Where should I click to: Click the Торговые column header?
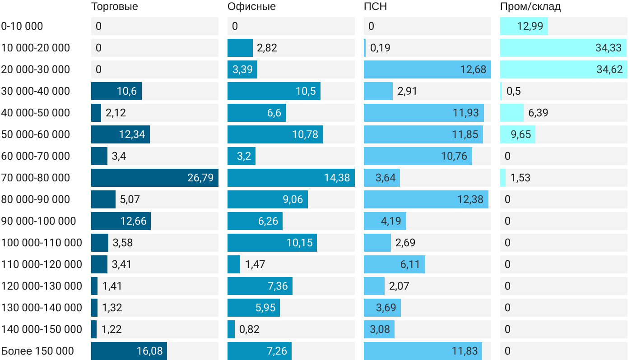114,7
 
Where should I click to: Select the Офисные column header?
251,7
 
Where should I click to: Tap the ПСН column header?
375,7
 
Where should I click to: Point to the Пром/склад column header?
530,7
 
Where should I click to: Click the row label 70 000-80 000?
36,178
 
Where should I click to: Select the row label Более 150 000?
37,351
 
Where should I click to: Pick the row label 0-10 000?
22,26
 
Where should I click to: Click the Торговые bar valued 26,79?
154,178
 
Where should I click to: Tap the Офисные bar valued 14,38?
291,178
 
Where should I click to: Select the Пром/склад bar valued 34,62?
563,69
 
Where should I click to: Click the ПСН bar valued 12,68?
427,69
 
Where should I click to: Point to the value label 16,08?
149,351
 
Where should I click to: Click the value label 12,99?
530,26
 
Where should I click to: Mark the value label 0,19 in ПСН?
380,48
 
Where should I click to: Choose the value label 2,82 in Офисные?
267,48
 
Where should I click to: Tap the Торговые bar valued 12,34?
120,134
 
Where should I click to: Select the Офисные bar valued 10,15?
272,243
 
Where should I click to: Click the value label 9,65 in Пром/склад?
521,134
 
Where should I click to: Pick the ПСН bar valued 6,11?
394,264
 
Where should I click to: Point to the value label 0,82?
249,329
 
